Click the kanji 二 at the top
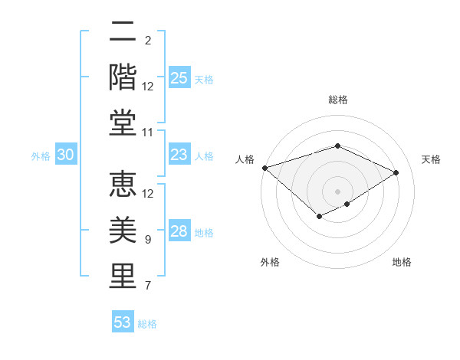pos(123,32)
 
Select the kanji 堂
pos(123,123)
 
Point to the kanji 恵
pos(123,184)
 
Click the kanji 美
pos(123,230)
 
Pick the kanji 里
pos(123,276)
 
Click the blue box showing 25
pos(179,77)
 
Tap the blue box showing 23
pos(179,155)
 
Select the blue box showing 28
pos(179,231)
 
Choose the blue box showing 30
pos(66,155)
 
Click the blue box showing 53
pos(123,322)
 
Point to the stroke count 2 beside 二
pos(148,40)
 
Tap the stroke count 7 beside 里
pos(148,286)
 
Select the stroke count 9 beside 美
pos(148,240)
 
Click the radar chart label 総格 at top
pos(337,100)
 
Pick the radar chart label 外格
pos(270,262)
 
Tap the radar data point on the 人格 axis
pos(264,168)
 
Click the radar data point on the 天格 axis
pos(396,172)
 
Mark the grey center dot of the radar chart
pos(337,191)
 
